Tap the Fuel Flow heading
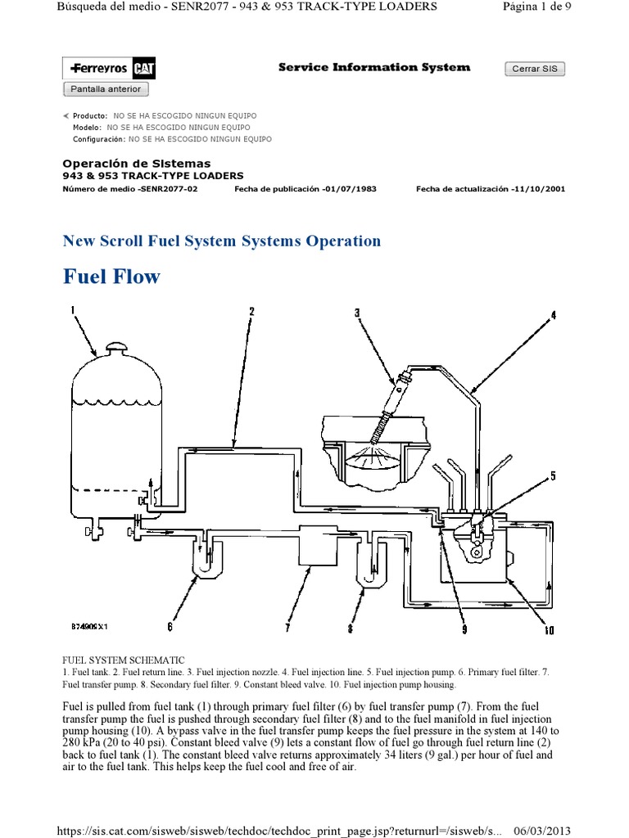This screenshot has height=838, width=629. click(x=111, y=277)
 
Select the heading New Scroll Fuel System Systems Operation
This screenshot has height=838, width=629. click(x=221, y=241)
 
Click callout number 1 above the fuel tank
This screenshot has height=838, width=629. click(x=73, y=309)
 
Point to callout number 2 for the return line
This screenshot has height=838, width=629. click(x=251, y=311)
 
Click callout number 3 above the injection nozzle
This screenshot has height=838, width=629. click(x=357, y=312)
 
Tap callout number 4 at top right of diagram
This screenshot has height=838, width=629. click(x=552, y=315)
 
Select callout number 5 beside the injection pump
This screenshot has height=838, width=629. click(x=553, y=476)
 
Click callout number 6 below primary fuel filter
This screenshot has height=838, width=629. click(x=170, y=627)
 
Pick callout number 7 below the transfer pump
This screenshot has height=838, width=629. click(x=287, y=628)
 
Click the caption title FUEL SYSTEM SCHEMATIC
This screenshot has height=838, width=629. click(x=124, y=660)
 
